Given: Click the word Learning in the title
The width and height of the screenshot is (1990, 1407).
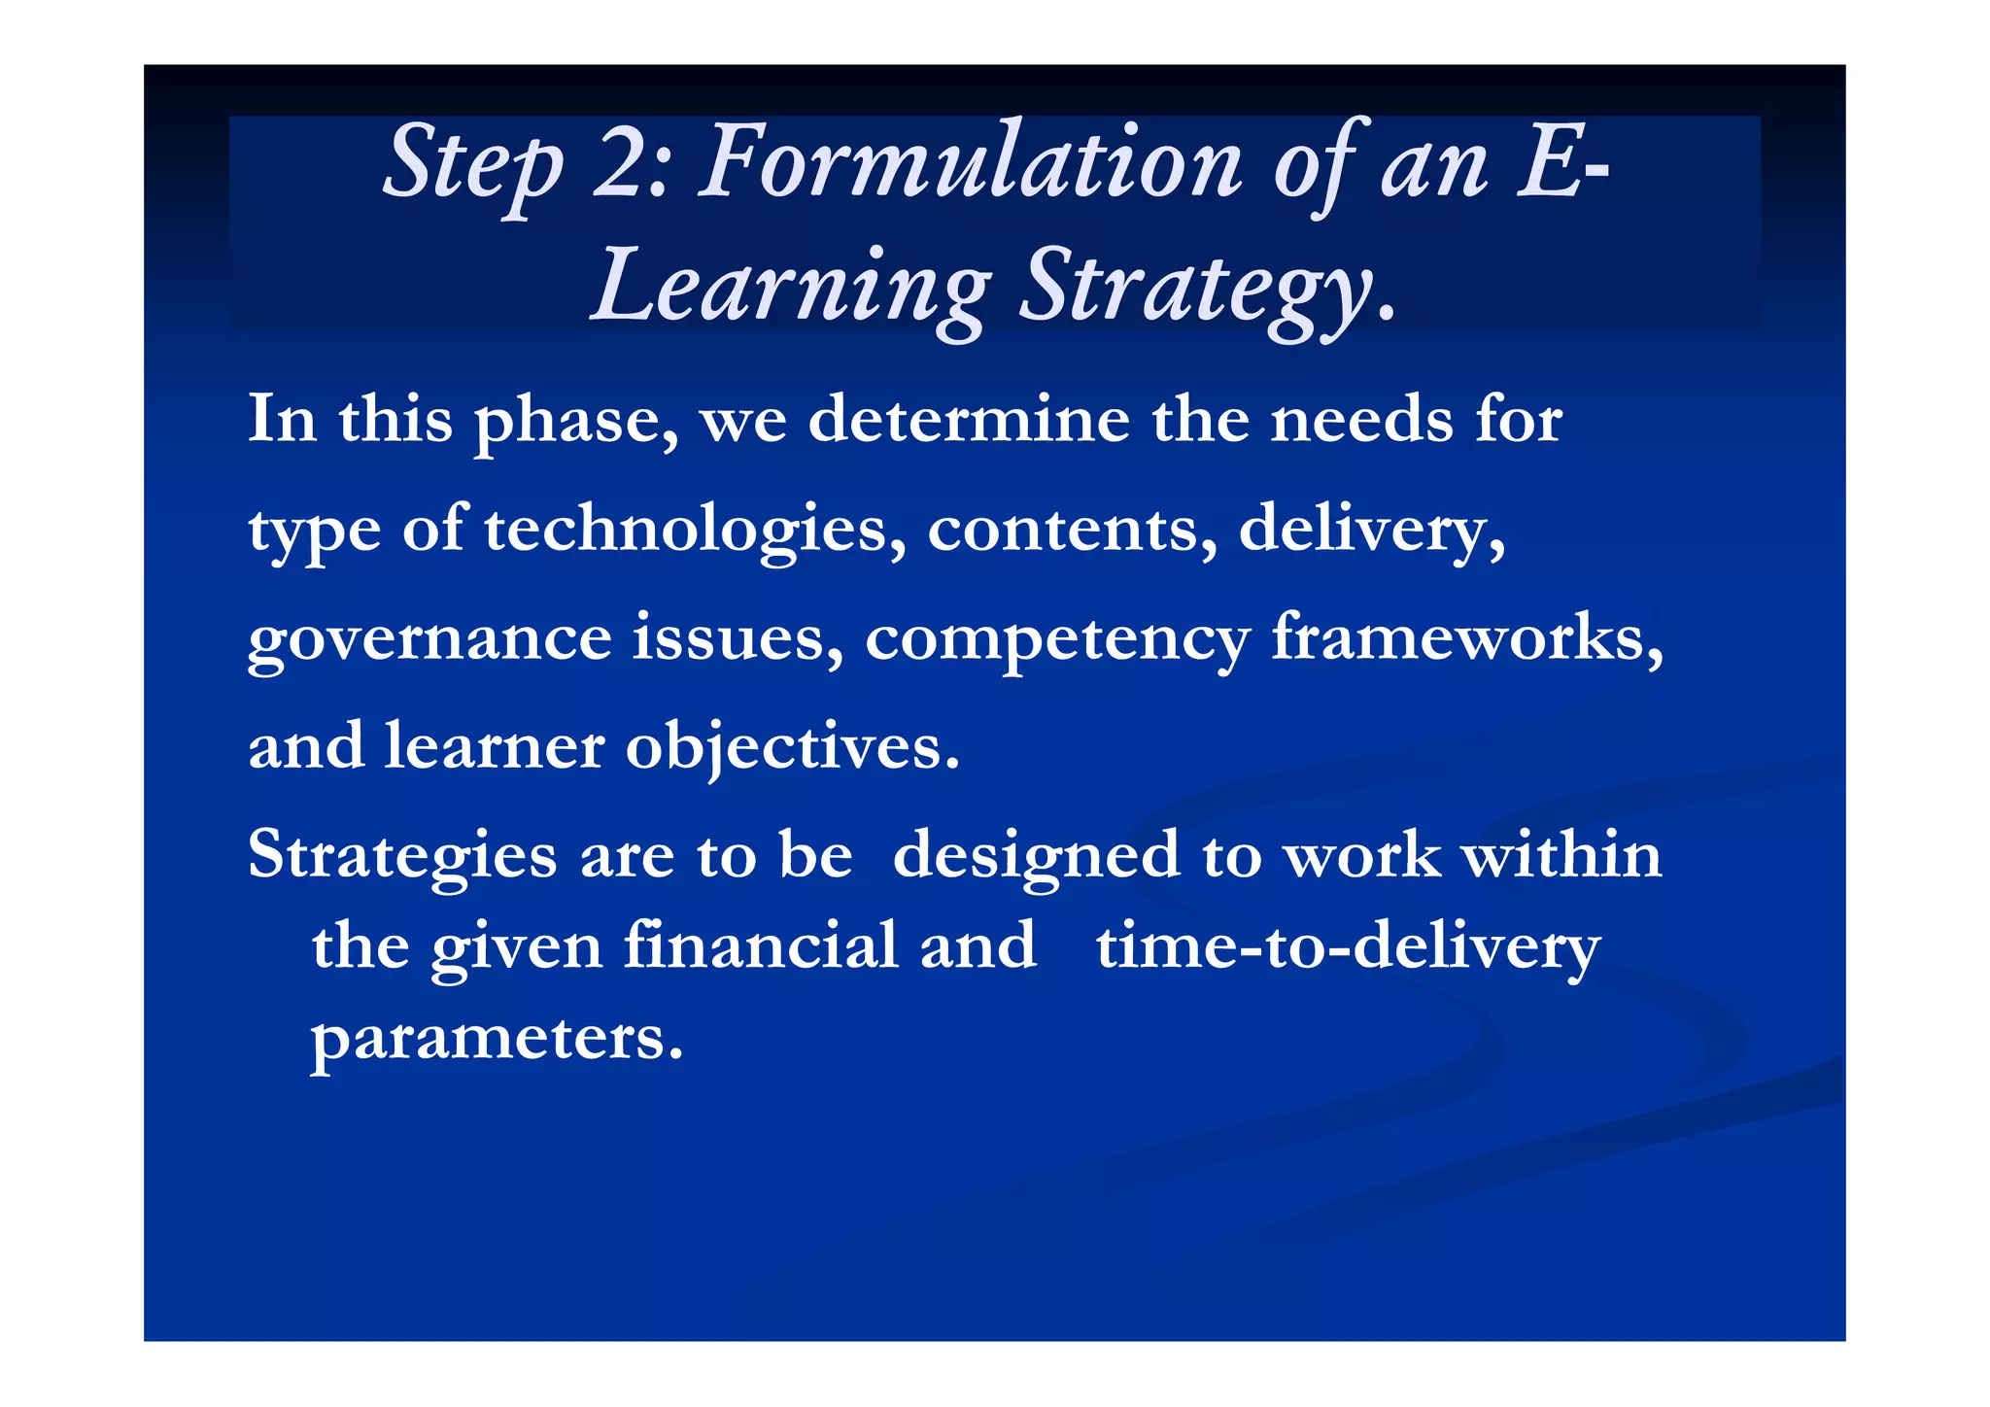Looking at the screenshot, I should [x=792, y=288].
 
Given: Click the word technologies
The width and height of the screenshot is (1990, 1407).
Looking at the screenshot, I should [x=695, y=531].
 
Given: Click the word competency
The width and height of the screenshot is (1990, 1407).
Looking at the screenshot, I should [x=1057, y=641].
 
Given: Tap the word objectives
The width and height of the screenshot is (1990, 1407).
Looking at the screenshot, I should [x=792, y=748].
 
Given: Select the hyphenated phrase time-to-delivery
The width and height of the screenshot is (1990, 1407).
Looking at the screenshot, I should [x=1348, y=946].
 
